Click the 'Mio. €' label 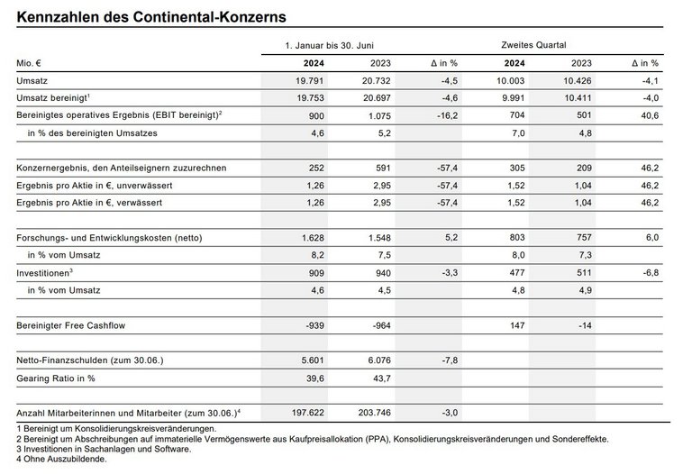[x=32, y=63]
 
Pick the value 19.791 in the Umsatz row [x=308, y=82]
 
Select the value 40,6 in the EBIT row [x=648, y=115]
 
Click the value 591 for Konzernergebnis [x=381, y=168]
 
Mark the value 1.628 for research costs [x=309, y=236]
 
